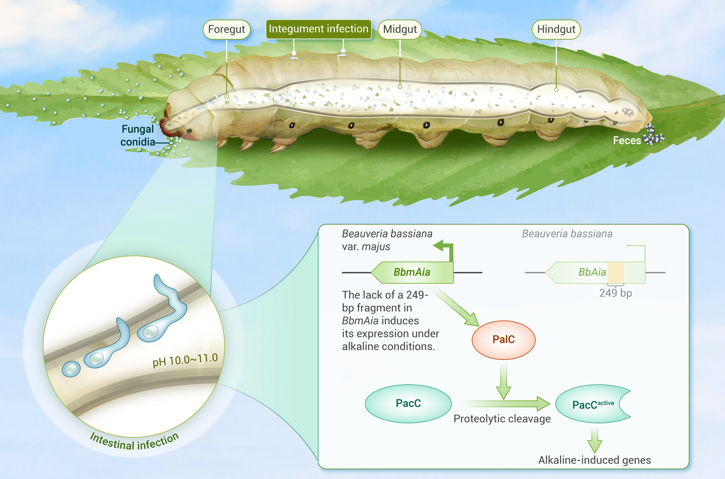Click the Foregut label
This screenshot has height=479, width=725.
pos(226,29)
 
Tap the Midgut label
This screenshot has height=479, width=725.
pos(400,29)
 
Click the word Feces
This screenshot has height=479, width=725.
pos(627,141)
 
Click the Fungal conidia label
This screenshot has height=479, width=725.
pos(138,135)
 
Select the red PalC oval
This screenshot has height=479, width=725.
pos(503,339)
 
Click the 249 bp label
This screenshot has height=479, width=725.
pos(615,293)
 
